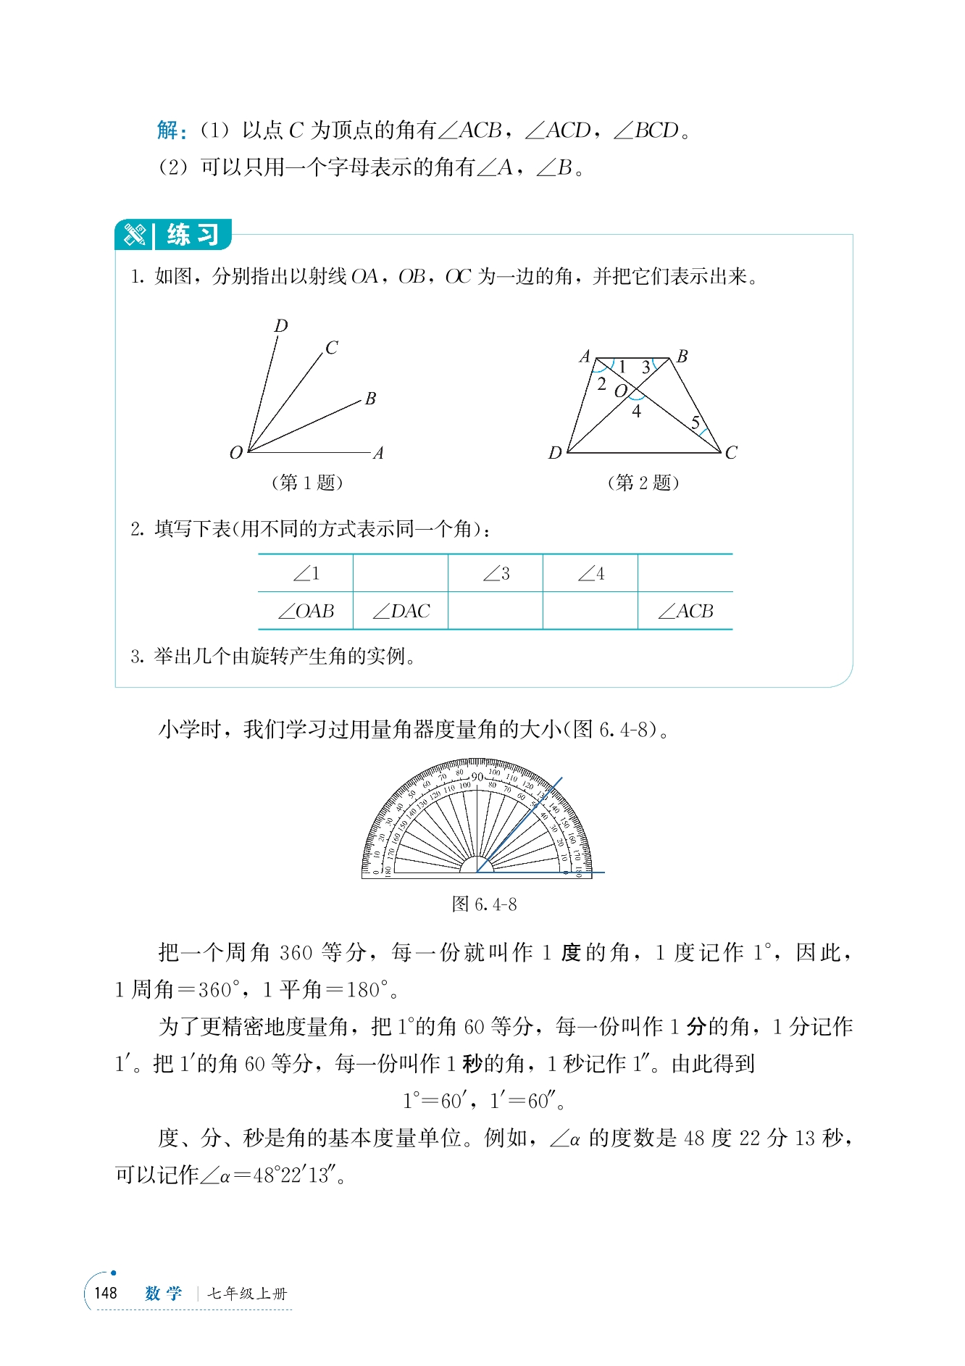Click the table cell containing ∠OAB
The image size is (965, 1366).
point(306,612)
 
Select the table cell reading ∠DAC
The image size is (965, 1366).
point(401,612)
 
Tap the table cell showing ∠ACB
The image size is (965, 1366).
point(685,612)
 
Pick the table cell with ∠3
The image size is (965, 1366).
point(496,574)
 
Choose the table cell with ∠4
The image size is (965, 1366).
point(590,574)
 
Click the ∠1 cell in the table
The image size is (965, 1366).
point(306,574)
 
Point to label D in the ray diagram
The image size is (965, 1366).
point(281,326)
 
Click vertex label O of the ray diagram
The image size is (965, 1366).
point(235,453)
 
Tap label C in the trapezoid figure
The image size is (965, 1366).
point(731,453)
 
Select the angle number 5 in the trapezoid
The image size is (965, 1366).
point(695,422)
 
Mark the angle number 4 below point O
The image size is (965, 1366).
point(636,412)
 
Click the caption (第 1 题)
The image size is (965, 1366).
point(306,483)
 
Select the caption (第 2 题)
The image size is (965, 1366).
point(643,483)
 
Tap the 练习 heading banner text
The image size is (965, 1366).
point(193,235)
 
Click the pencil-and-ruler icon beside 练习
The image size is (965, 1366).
point(135,235)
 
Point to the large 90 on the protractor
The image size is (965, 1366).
point(477,778)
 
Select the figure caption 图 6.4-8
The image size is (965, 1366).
point(484,904)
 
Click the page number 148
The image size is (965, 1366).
point(106,1294)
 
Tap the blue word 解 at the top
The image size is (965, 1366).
point(169,130)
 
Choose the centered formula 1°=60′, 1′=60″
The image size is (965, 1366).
point(484,1101)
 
